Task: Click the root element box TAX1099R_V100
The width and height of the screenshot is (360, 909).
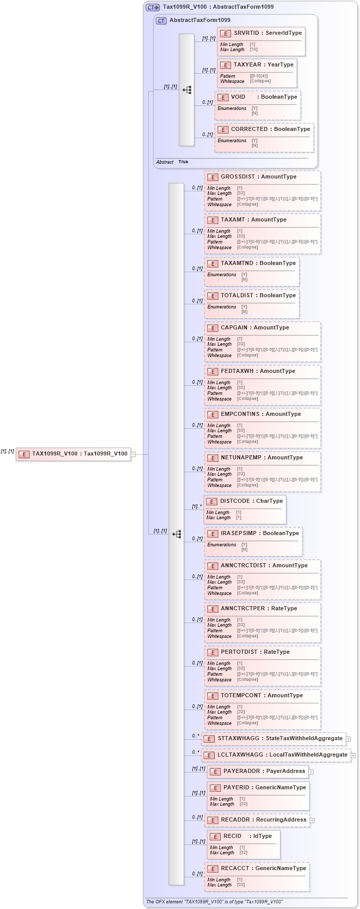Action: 73,454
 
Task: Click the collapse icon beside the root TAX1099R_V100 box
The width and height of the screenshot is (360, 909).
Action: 133,454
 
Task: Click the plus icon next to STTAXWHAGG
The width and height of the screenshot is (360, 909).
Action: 349,739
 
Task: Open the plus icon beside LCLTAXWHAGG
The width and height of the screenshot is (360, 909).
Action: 353,755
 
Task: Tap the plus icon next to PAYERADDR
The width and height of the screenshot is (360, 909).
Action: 311,772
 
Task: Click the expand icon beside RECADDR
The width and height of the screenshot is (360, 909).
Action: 312,821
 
